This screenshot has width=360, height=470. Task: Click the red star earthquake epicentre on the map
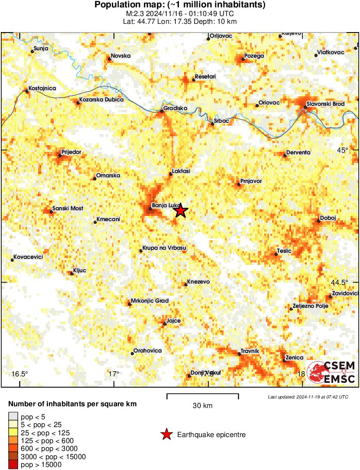181,211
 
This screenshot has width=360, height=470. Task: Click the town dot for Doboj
319,221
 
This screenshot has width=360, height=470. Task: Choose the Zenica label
295,358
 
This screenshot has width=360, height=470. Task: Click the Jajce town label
173,321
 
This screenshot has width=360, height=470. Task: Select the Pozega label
254,55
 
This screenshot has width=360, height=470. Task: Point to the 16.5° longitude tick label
19,374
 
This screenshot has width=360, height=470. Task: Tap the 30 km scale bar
202,395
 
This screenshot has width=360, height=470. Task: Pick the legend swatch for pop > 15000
13,465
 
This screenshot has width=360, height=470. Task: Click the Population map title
180,5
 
